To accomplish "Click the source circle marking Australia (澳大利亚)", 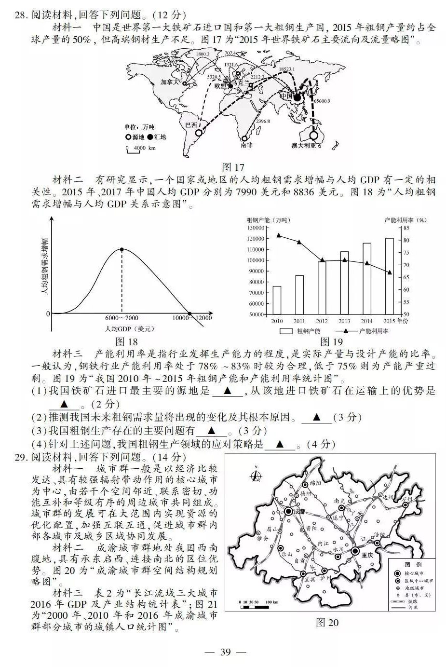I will click(314, 136).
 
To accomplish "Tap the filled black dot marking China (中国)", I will click(297, 98).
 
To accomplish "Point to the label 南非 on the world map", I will click(246, 144).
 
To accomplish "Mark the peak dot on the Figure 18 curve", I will click(122, 249).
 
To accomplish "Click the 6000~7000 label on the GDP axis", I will click(122, 318).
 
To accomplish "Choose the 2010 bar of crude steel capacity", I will click(277, 299).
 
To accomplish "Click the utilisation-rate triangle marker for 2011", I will click(299, 242).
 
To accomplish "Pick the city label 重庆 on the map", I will click(367, 555).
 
